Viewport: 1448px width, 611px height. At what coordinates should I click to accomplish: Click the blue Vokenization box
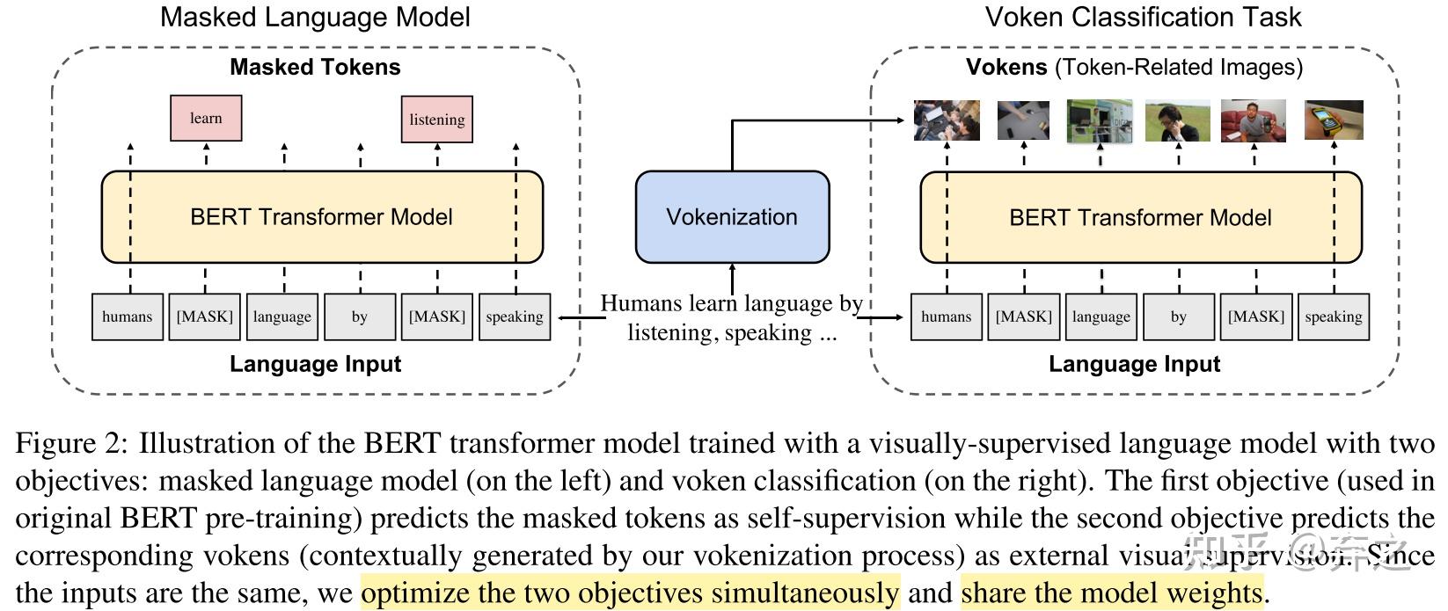[732, 217]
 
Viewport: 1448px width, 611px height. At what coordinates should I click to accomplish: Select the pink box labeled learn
[206, 119]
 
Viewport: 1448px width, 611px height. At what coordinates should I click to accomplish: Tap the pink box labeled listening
[437, 120]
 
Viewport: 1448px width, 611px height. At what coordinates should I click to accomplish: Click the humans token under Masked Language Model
[128, 316]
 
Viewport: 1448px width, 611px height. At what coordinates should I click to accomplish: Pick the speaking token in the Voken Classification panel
[1334, 316]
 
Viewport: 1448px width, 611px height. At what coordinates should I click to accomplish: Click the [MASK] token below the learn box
[205, 316]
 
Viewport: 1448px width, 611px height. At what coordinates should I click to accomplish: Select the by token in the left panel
[360, 316]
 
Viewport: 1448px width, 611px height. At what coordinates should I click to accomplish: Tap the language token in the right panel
[1101, 316]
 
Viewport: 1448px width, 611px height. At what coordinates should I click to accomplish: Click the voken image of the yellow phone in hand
[1334, 120]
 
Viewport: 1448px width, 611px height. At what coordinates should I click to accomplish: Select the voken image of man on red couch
[1254, 120]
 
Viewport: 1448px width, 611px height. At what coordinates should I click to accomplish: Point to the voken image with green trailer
[1100, 120]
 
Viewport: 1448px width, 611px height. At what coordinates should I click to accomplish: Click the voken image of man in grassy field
[1177, 120]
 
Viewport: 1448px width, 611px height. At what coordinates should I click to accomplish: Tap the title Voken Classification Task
[1143, 17]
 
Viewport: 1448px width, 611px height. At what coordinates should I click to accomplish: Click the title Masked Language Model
[315, 17]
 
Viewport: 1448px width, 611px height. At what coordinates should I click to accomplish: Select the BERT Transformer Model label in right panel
[1140, 217]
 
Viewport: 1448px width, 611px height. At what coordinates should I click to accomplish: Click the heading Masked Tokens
[315, 67]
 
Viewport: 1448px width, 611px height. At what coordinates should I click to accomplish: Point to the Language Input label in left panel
[315, 364]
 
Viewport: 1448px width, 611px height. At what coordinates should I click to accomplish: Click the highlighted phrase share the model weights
[1112, 593]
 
